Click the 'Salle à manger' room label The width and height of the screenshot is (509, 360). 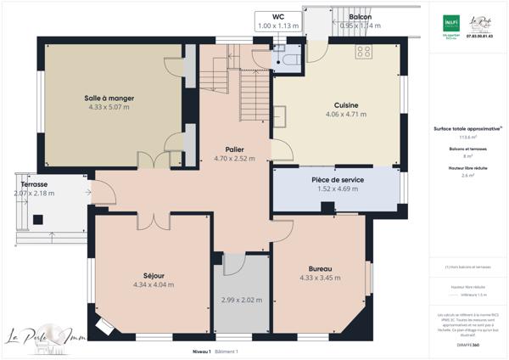pos(109,98)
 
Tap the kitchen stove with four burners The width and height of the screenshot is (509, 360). pos(365,51)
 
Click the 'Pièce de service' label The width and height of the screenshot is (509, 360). pos(337,180)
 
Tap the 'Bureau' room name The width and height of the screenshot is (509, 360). pos(320,268)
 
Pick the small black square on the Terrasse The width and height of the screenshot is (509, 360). pos(38,221)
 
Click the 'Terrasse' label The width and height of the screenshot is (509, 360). pos(35,184)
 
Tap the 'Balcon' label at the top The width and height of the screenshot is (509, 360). pos(361,17)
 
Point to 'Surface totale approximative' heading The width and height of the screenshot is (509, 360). pos(462,128)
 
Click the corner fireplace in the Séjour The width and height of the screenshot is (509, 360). pos(103,325)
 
